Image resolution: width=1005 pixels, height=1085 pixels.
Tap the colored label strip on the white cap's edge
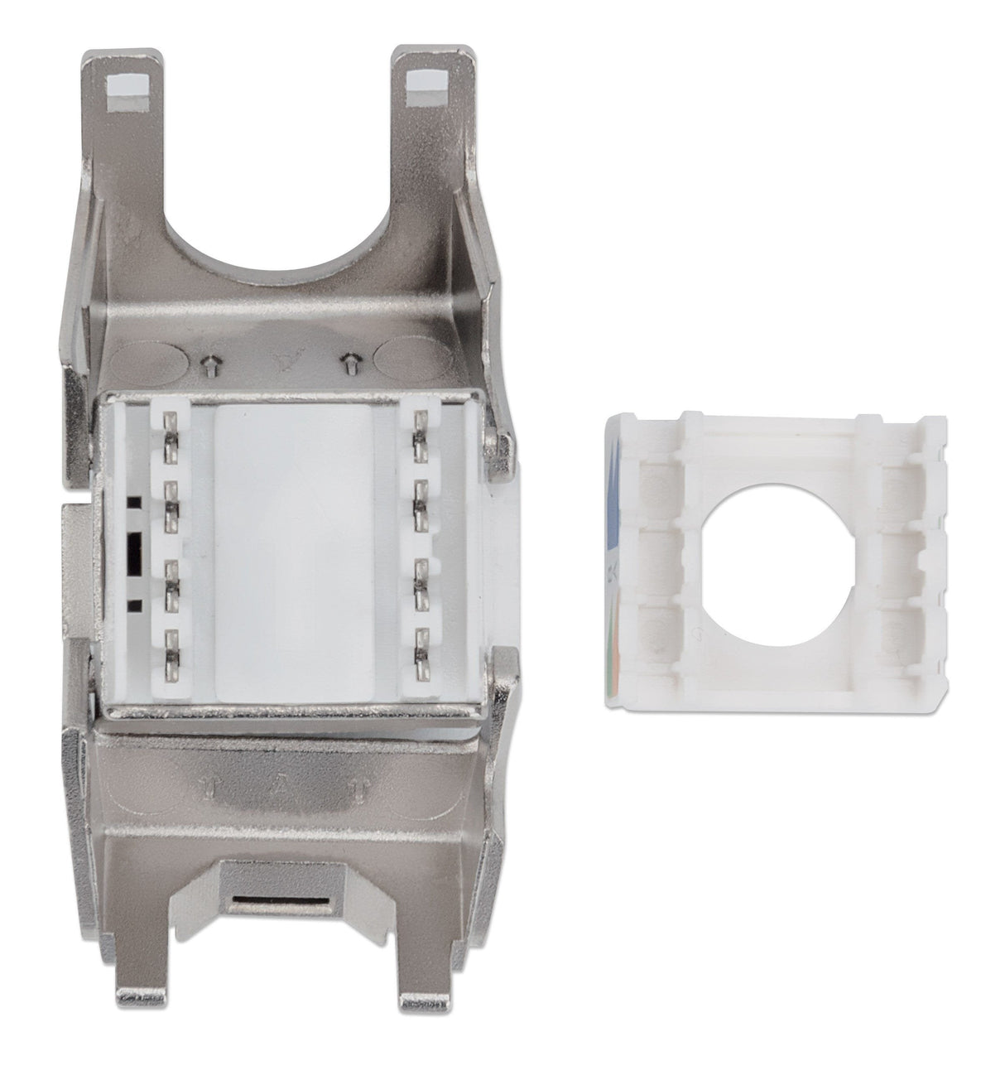click(613, 563)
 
